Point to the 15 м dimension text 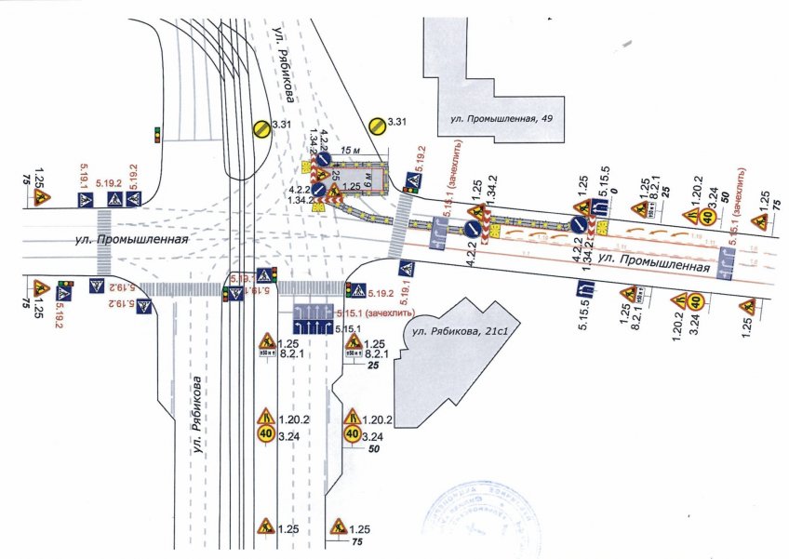(349, 149)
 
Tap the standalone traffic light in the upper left (157, 133)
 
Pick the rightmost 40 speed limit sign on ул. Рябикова (353, 433)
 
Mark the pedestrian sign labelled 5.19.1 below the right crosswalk (408, 271)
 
